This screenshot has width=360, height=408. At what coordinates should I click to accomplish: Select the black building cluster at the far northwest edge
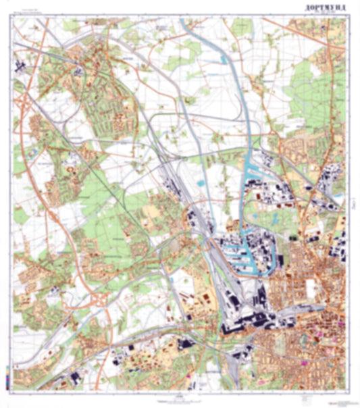pos(18,66)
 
